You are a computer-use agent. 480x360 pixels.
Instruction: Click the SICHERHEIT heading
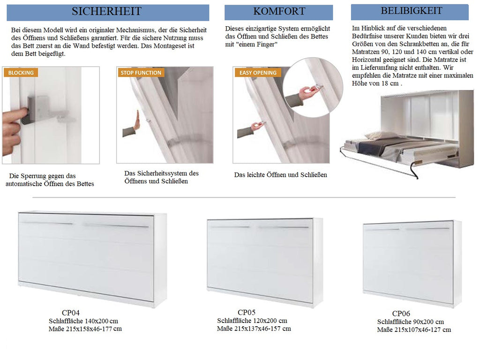[x=106, y=11]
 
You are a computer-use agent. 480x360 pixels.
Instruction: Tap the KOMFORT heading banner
[x=278, y=12]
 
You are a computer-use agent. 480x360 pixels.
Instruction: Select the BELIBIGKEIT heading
[x=411, y=11]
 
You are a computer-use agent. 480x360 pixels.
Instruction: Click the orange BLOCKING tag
[x=21, y=73]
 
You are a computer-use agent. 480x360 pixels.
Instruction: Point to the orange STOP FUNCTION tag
[x=141, y=73]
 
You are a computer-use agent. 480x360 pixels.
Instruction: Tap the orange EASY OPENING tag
[x=258, y=73]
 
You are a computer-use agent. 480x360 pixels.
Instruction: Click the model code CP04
[x=71, y=313]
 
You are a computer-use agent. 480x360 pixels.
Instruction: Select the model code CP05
[x=247, y=312]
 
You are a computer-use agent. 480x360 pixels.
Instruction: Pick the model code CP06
[x=401, y=314]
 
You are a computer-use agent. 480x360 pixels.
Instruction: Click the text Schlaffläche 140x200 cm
[x=83, y=321]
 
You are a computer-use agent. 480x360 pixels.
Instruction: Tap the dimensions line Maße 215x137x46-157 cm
[x=254, y=329]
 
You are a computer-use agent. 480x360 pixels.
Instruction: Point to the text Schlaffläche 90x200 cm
[x=411, y=322]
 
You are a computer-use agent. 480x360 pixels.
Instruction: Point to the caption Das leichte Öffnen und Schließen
[x=280, y=175]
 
